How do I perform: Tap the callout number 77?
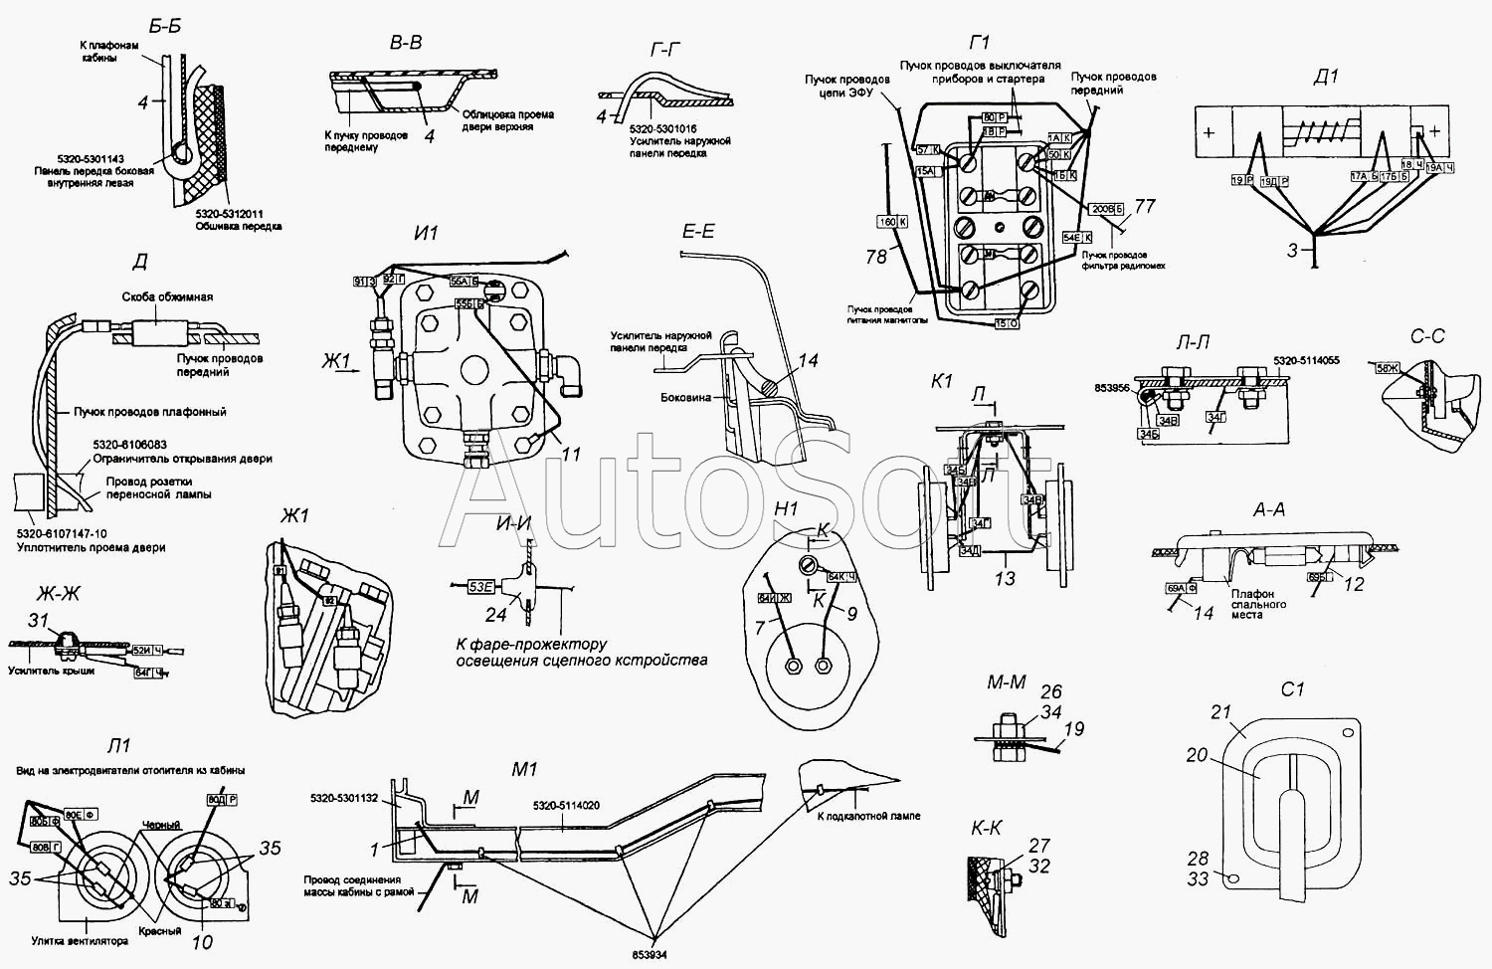[x=1145, y=206]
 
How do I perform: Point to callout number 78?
[x=875, y=257]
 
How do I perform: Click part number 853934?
[x=654, y=955]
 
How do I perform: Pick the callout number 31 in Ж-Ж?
[x=39, y=622]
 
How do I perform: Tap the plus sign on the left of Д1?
[x=1209, y=132]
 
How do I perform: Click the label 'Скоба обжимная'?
[x=167, y=296]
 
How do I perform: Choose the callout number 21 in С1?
[x=1220, y=711]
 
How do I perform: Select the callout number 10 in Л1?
[x=201, y=940]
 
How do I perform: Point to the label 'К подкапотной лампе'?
[x=868, y=816]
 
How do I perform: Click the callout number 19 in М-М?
[x=1073, y=729]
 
